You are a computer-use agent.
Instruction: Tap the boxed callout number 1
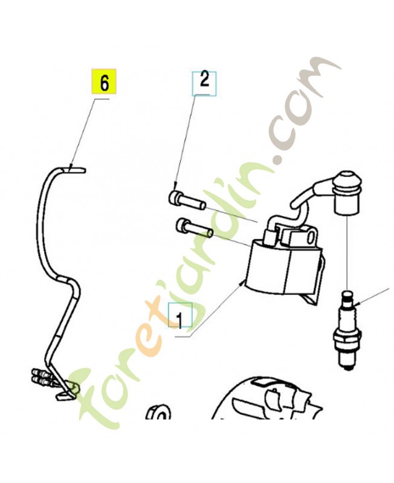pyautogui.click(x=179, y=316)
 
